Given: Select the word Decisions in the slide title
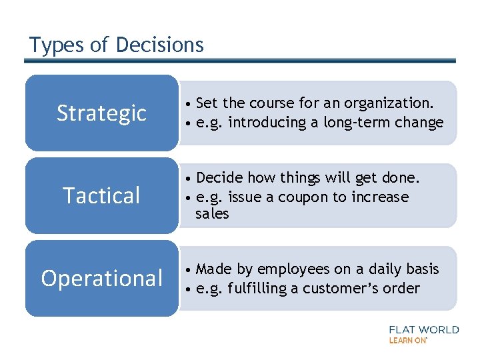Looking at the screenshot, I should [159, 45].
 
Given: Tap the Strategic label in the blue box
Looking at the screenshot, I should [101, 113].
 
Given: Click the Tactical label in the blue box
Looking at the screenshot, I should [101, 196].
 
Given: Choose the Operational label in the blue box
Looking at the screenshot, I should [101, 279].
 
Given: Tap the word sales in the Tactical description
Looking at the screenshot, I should [212, 214].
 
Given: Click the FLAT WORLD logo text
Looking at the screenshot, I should [423, 329].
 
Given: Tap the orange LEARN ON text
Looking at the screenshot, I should [407, 340].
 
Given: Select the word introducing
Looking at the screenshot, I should [267, 123].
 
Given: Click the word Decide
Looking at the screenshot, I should [219, 178].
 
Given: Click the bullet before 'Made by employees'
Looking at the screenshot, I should [190, 270].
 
